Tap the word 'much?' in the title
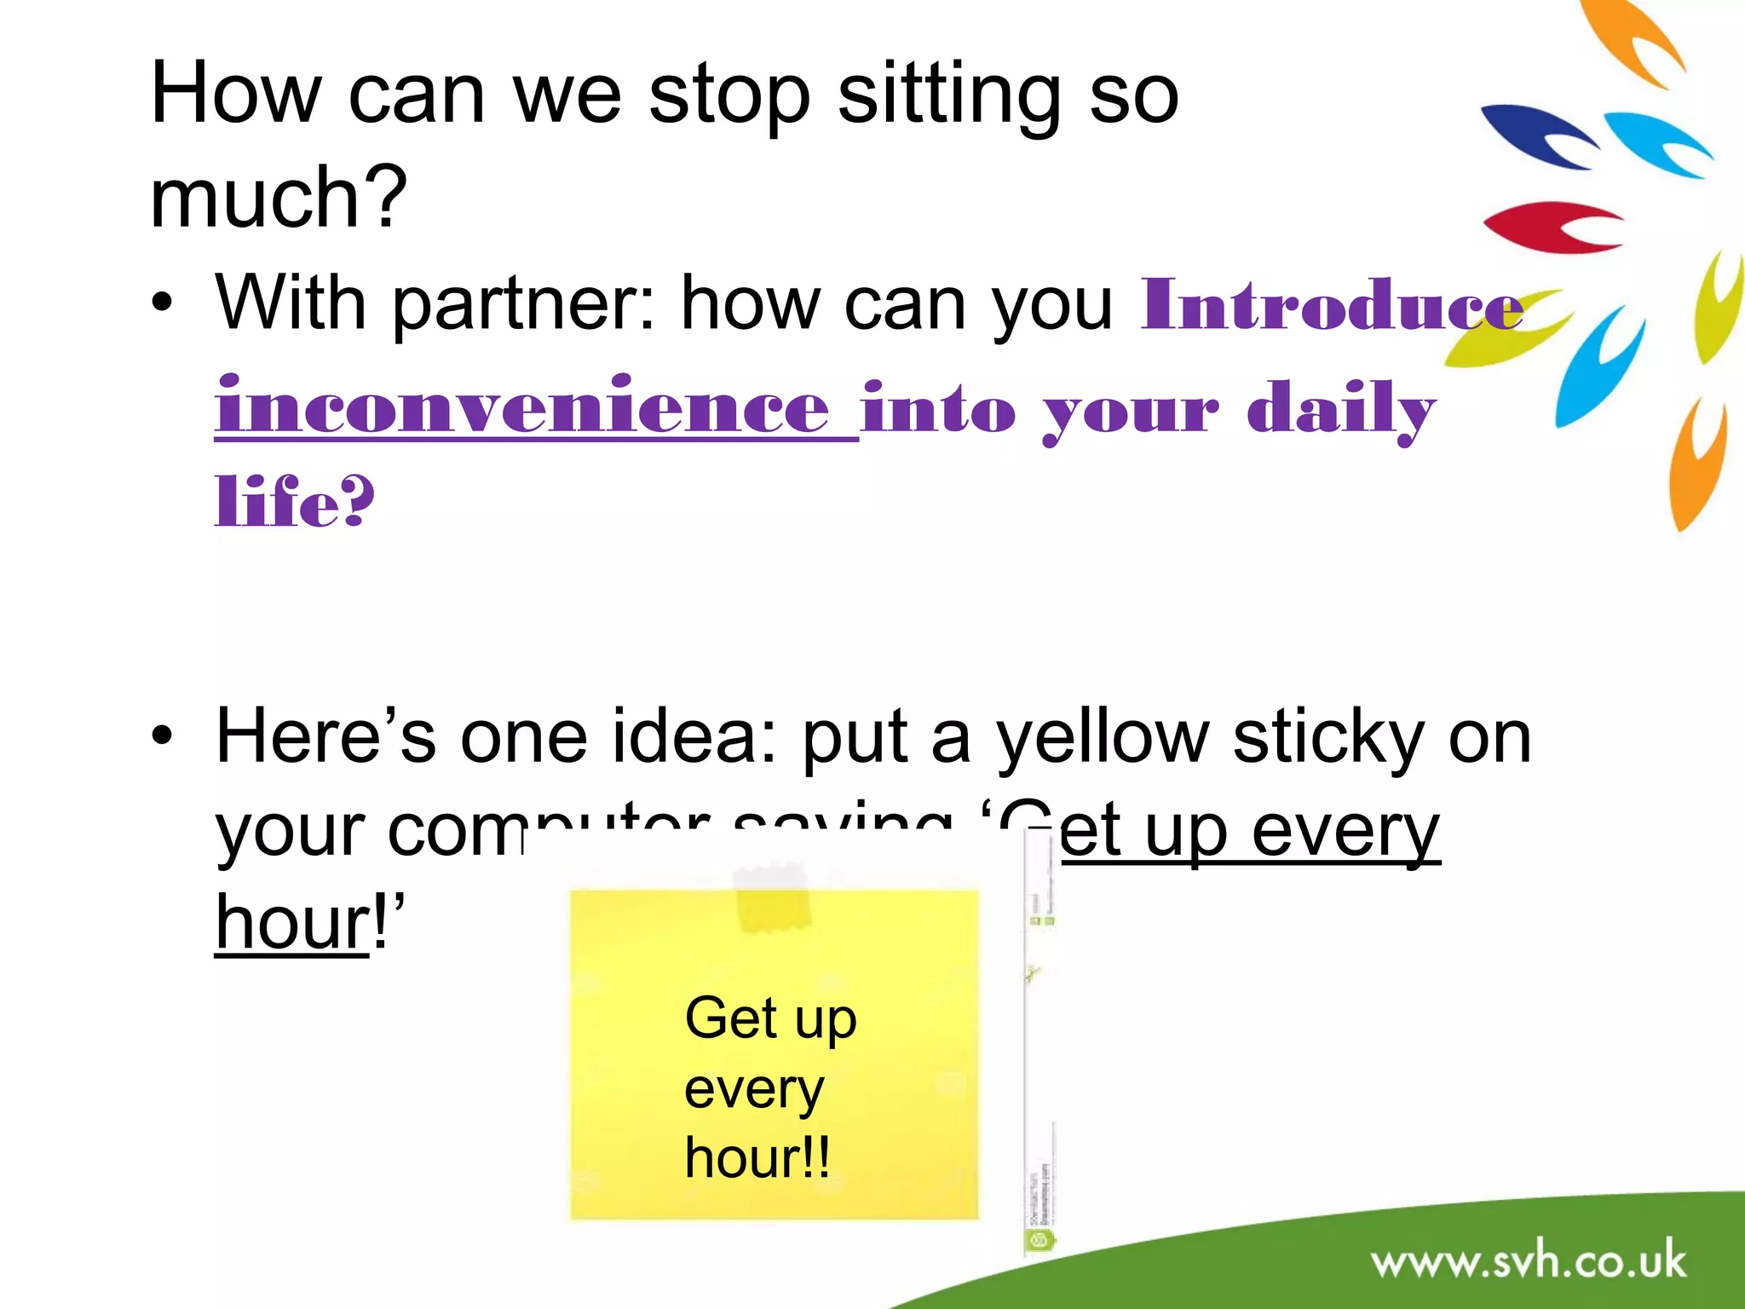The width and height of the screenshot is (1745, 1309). click(278, 198)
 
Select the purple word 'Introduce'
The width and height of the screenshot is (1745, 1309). click(1332, 305)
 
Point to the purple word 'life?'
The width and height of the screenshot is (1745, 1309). click(294, 503)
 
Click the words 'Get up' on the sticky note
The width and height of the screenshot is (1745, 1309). click(770, 1018)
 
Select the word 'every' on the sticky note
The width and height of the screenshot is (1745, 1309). click(754, 1089)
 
